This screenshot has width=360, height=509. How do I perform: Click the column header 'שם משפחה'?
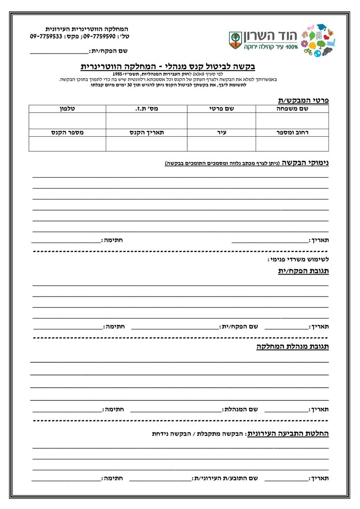[x=292, y=108]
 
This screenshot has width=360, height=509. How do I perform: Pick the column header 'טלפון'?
[x=67, y=108]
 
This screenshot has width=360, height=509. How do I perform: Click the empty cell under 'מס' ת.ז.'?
[x=146, y=121]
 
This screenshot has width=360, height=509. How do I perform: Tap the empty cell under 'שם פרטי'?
[x=221, y=121]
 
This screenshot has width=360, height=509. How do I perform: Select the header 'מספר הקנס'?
[x=67, y=133]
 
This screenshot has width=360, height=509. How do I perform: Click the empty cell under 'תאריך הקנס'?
[x=146, y=144]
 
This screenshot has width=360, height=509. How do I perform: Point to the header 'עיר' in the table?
[x=221, y=133]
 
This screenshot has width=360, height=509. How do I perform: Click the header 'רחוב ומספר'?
[x=292, y=133]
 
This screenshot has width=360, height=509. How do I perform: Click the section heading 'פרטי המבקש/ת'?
[x=302, y=100]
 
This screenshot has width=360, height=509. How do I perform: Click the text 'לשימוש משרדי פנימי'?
[x=298, y=260]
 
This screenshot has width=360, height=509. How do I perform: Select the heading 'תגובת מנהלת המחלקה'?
[x=293, y=347]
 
